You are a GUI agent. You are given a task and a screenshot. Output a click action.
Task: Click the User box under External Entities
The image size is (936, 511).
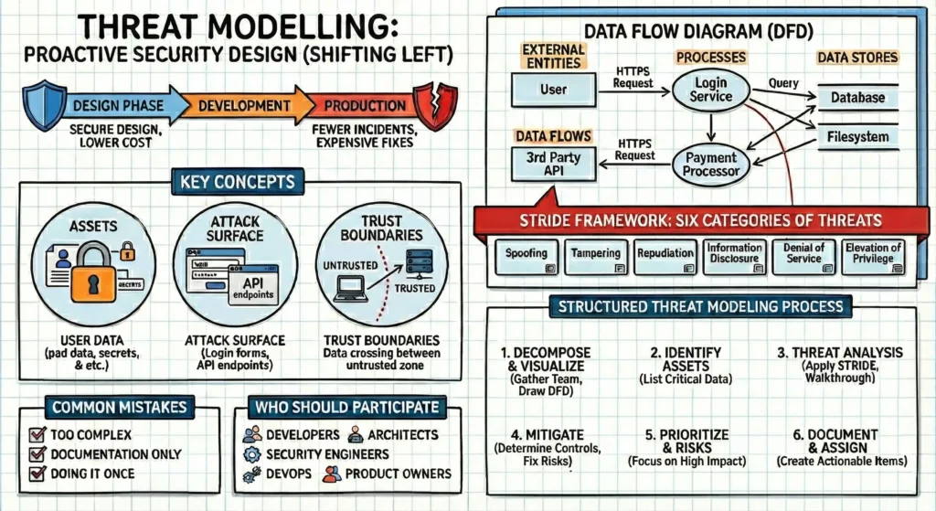[553, 90]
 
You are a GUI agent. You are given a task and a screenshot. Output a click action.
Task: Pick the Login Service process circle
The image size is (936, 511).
[710, 89]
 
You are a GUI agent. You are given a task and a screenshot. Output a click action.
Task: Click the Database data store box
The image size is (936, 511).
[856, 96]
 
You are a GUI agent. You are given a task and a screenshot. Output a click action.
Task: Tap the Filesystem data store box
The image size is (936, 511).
[856, 138]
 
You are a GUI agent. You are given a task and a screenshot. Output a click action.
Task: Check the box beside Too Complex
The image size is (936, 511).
[38, 435]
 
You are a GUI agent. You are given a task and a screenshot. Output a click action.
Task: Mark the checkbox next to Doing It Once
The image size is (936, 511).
[38, 474]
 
